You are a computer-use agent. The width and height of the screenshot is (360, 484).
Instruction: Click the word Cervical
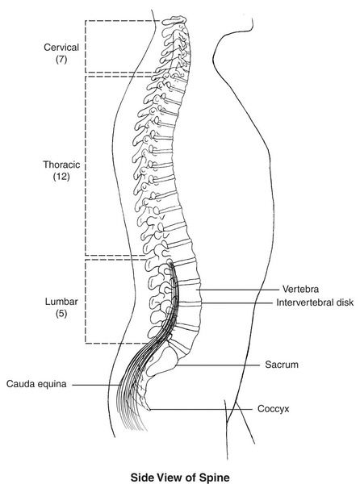coord(61,48)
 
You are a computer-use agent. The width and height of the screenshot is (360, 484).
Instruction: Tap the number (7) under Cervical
coord(61,59)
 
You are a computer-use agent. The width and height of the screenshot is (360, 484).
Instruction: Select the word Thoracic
coord(61,165)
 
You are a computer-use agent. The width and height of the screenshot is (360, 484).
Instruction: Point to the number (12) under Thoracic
coord(61,177)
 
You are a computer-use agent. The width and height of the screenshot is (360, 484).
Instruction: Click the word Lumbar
coord(61,302)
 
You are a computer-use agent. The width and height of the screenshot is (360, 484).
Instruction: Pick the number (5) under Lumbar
coord(61,314)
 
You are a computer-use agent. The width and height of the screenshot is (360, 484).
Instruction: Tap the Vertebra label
coord(300,290)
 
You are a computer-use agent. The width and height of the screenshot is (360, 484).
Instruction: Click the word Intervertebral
coord(303,302)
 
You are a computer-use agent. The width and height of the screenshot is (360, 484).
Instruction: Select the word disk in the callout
coord(342,302)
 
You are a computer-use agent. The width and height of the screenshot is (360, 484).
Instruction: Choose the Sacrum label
coord(282,365)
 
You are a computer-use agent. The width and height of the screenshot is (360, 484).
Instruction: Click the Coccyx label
coord(274,409)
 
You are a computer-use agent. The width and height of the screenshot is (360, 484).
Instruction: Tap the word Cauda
coord(20,384)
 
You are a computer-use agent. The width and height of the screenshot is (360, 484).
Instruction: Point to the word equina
coord(52,385)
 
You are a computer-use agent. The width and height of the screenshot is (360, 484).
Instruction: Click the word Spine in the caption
coord(214,478)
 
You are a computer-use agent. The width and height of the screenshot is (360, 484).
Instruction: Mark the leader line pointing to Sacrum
coord(217,365)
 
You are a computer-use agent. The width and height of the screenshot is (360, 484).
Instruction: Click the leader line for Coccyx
coord(200,410)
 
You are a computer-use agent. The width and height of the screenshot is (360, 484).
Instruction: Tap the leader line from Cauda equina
coord(97,385)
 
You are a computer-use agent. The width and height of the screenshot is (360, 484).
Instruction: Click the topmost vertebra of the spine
coord(174,21)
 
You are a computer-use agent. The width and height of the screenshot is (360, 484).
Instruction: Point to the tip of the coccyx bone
coord(149,410)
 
